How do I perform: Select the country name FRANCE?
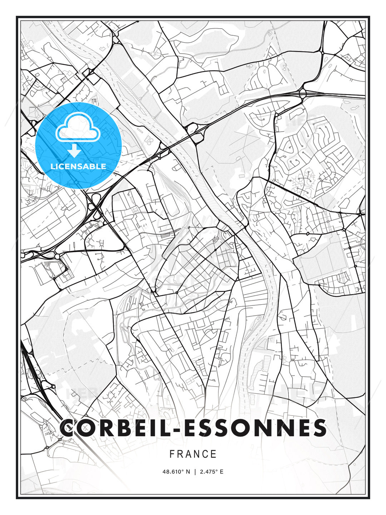(193, 454)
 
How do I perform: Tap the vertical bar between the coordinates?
(195, 472)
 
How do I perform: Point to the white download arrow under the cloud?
(74, 151)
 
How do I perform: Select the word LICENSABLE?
(78, 167)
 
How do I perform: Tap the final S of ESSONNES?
(319, 428)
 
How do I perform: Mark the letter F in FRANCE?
(172, 454)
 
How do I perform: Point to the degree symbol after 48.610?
(183, 470)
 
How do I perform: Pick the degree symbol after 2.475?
(217, 470)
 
